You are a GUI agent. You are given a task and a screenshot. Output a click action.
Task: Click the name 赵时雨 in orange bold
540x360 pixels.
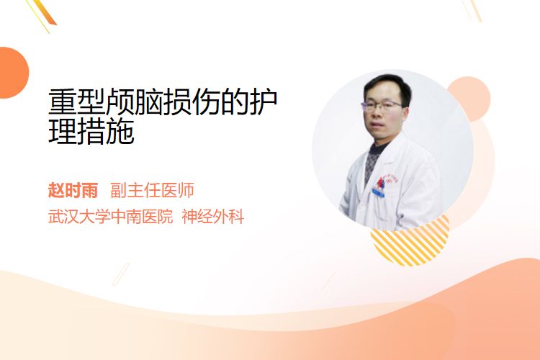coord(73,190)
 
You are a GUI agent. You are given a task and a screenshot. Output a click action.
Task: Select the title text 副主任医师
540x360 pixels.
coord(152,190)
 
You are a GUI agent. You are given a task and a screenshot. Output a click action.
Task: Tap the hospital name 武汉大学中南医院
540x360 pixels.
coord(111,217)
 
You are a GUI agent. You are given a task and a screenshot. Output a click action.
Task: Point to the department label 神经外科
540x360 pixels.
coord(213,217)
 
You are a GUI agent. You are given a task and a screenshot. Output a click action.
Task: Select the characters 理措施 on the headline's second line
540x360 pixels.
coord(91,132)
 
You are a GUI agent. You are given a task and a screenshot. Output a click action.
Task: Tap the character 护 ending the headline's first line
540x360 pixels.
coord(264,102)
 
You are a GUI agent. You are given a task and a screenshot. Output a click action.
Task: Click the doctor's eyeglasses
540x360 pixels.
coord(382,105)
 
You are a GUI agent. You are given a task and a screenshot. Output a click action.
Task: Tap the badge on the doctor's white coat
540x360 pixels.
coord(379,192)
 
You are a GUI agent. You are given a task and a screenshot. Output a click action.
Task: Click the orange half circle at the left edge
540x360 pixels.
coord(13,73)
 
